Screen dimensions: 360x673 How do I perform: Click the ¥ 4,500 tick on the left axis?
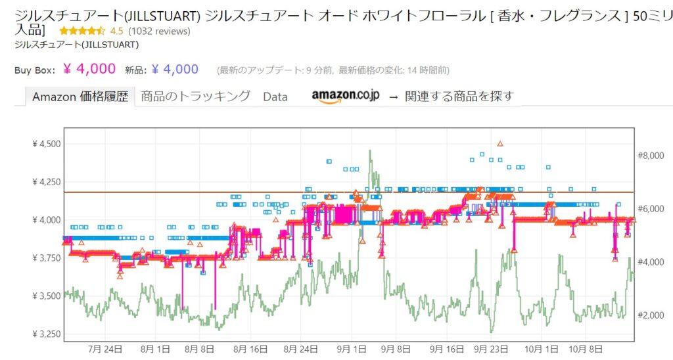coord(46,143)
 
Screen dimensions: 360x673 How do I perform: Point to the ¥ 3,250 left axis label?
coord(46,334)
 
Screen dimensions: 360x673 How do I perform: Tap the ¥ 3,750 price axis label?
coord(46,258)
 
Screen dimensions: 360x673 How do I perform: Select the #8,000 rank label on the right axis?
coord(651,156)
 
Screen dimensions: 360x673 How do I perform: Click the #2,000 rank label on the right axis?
coord(651,315)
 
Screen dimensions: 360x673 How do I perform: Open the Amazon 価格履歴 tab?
coord(80,97)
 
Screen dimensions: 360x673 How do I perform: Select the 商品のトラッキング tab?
coord(196,96)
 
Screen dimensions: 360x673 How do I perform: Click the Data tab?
coord(275,97)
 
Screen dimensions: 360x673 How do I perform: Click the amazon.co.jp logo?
coord(345,96)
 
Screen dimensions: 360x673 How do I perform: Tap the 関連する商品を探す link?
coord(459,97)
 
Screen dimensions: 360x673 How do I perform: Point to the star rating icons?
coord(82,31)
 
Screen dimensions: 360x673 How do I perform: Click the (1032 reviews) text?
coord(160,31)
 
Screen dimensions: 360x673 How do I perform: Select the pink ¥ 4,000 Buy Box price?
coord(89,69)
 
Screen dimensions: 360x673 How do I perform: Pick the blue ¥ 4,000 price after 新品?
coord(174,69)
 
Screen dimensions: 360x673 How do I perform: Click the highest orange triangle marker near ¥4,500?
coord(500,143)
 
